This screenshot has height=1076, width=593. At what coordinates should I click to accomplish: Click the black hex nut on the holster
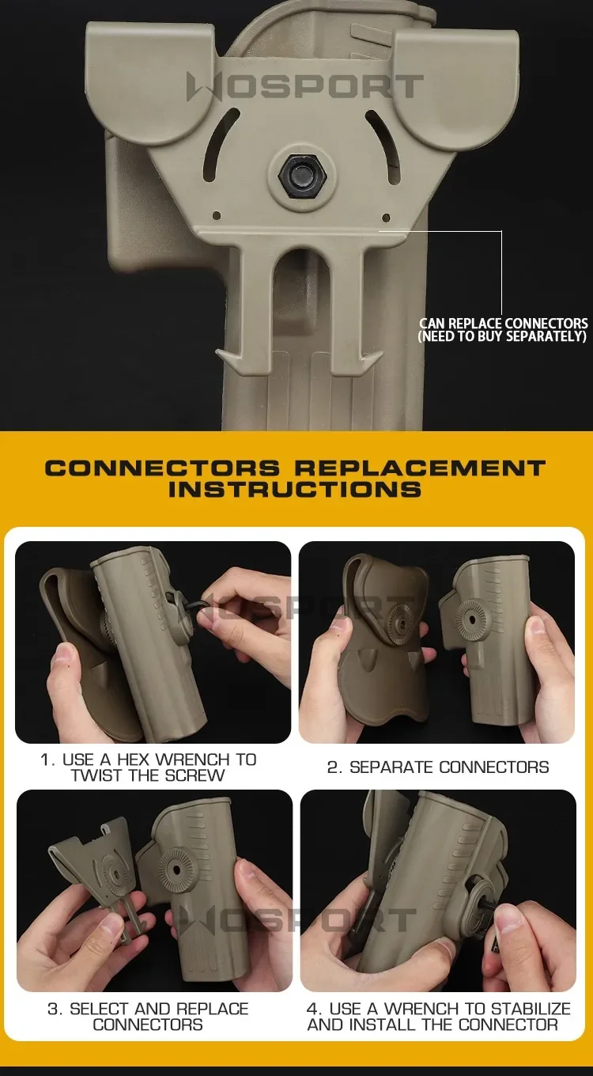[303, 176]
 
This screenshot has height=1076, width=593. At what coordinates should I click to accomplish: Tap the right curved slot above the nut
[384, 146]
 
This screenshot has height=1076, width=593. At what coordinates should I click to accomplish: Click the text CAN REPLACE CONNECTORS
[503, 323]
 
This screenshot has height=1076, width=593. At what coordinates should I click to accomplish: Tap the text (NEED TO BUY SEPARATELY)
[502, 336]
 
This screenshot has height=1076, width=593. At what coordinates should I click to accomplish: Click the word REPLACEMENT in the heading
[420, 468]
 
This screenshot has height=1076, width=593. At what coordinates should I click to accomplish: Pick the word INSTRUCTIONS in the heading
[295, 490]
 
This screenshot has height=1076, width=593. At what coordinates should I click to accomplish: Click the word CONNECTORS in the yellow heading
[162, 468]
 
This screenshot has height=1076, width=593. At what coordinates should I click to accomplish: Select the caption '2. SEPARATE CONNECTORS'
[438, 767]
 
